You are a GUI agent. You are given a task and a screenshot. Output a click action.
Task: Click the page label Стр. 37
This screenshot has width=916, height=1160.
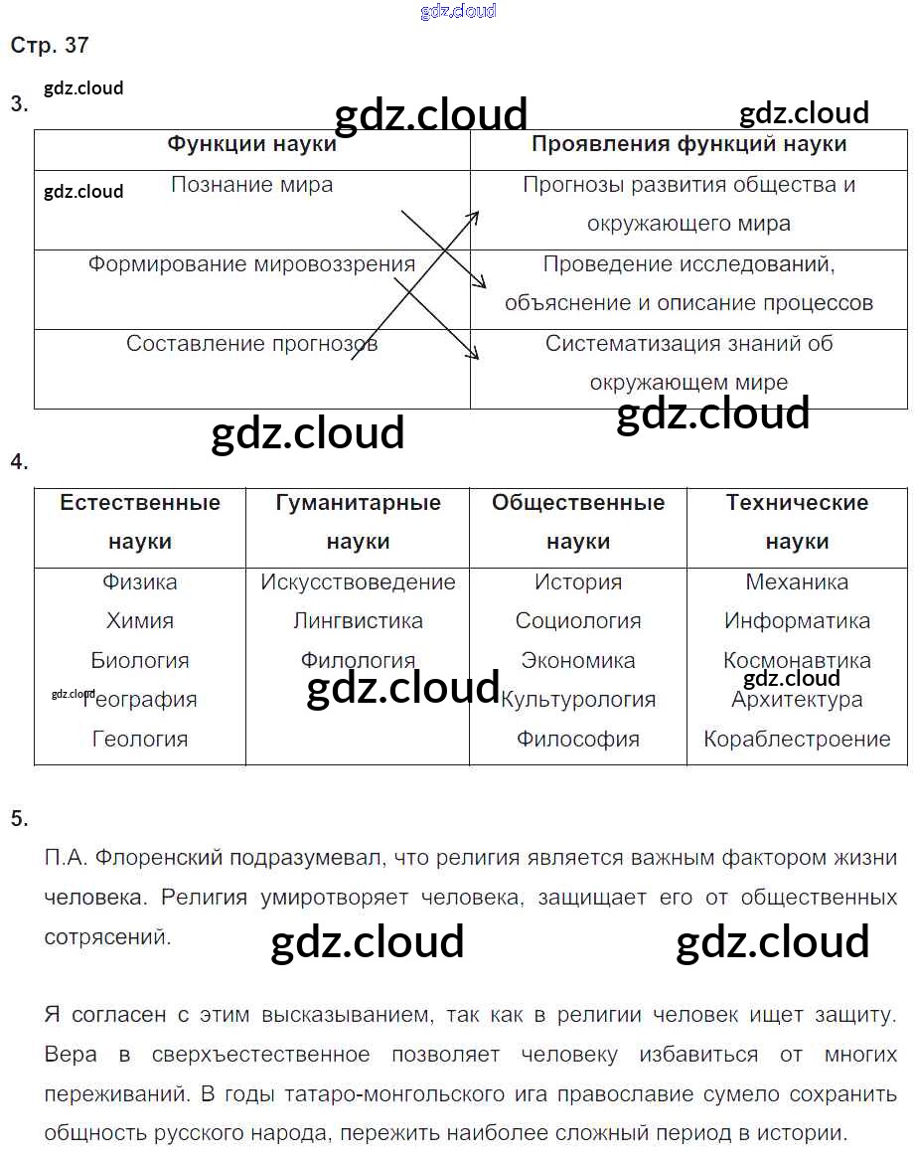(50, 46)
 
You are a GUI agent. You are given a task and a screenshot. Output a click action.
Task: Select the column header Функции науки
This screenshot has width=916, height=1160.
(251, 144)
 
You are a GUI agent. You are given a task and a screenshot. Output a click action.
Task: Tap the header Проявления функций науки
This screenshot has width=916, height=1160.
(688, 144)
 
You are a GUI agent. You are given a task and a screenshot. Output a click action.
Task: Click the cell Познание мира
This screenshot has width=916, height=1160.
(251, 185)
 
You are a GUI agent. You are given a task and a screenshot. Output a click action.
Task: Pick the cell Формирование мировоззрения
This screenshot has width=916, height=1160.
(251, 264)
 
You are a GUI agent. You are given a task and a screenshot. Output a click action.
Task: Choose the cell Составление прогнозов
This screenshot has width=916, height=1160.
(251, 344)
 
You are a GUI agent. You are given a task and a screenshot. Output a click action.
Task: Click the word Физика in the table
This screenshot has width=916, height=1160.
(140, 581)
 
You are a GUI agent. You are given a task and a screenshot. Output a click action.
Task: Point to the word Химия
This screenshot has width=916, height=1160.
(140, 621)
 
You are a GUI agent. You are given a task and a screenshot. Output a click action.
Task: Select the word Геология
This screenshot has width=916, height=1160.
(140, 739)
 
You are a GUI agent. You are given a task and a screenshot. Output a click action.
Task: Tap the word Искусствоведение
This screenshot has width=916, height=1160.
(358, 581)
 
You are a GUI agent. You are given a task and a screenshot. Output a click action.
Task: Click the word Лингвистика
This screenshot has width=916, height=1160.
(358, 621)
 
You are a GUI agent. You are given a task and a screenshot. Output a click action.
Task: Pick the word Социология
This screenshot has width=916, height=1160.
(578, 621)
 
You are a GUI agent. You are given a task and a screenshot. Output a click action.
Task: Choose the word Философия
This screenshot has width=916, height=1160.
(578, 739)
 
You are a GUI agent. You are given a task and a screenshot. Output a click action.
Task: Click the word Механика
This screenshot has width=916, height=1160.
(797, 581)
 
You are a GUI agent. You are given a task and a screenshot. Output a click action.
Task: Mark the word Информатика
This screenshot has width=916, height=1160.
(797, 621)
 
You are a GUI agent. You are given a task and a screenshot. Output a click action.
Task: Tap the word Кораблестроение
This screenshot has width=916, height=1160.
(797, 739)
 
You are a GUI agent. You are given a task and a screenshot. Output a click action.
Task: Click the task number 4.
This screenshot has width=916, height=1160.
(19, 462)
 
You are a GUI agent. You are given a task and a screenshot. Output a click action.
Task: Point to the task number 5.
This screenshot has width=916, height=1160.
(19, 819)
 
